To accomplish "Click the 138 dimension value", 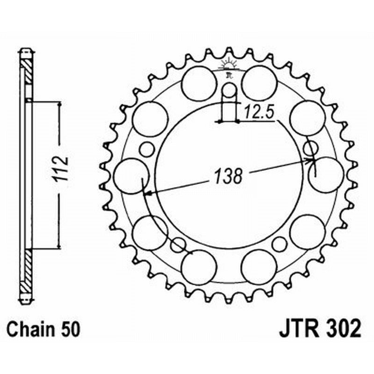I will [229, 176].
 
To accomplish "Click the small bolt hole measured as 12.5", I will [229, 90].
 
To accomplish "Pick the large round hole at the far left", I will [131, 176].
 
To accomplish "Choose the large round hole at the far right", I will [326, 175].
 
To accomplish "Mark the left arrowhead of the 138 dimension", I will [147, 192].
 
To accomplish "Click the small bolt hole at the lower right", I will [279, 244].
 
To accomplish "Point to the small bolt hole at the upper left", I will [147, 150].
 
